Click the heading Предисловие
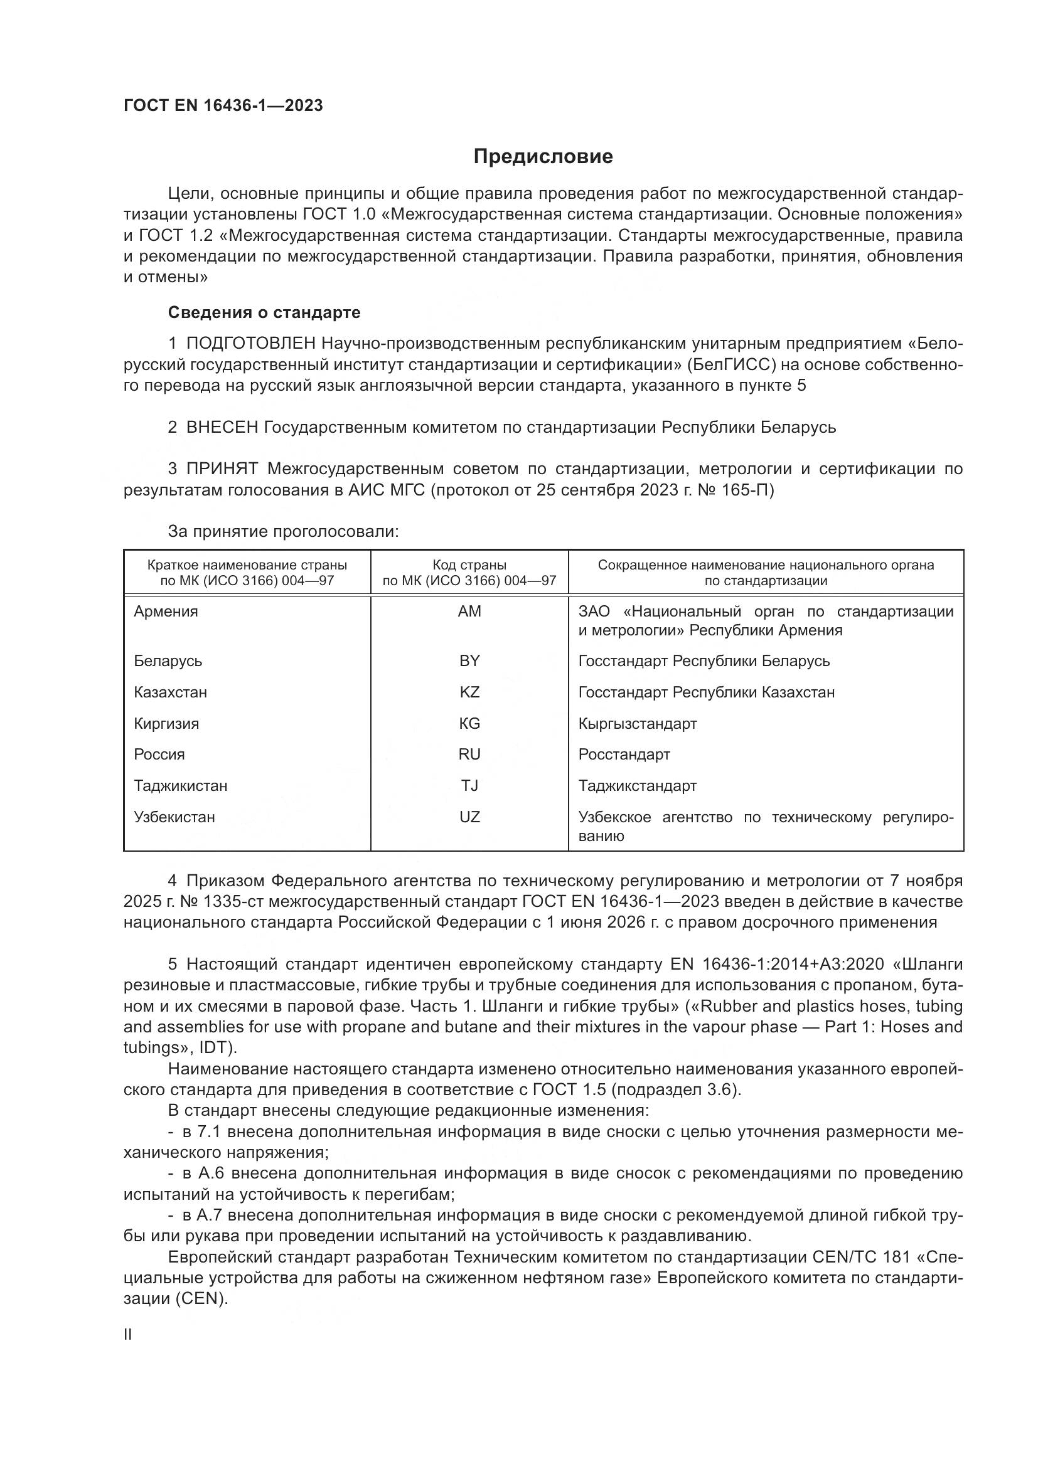pyautogui.click(x=543, y=157)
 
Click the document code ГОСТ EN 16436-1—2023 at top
pyautogui.click(x=223, y=106)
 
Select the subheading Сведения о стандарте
pyautogui.click(x=264, y=312)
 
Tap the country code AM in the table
pyautogui.click(x=469, y=612)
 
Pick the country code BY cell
pyautogui.click(x=469, y=660)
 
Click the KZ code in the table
pyautogui.click(x=469, y=692)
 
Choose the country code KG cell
pyautogui.click(x=469, y=723)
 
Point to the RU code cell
pyautogui.click(x=469, y=754)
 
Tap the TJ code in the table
pyautogui.click(x=469, y=785)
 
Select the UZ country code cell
pyautogui.click(x=469, y=817)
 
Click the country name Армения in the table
pyautogui.click(x=166, y=612)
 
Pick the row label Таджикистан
pyautogui.click(x=180, y=785)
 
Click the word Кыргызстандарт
pyautogui.click(x=637, y=723)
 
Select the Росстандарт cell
pyautogui.click(x=624, y=754)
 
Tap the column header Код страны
pyautogui.click(x=469, y=565)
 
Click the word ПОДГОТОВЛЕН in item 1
pyautogui.click(x=250, y=344)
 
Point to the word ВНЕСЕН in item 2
pyautogui.click(x=222, y=427)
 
